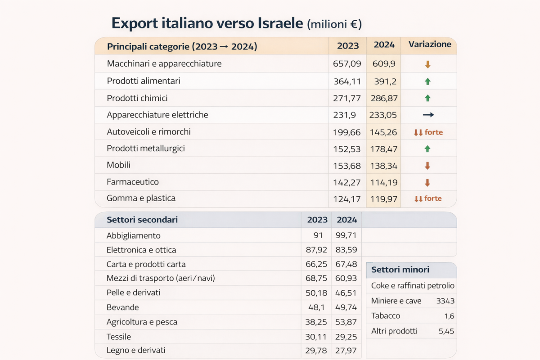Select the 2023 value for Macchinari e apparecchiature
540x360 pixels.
[x=347, y=64]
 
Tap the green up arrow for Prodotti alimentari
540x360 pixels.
[x=427, y=81]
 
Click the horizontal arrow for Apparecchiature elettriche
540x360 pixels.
[x=428, y=115]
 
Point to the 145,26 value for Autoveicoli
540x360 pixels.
[x=383, y=132]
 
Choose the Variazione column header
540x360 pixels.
[x=429, y=45]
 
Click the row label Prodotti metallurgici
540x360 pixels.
[x=146, y=148]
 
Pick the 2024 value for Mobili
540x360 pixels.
[x=383, y=166]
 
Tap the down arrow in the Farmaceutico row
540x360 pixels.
[x=427, y=183]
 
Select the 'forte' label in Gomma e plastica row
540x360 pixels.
[x=433, y=198]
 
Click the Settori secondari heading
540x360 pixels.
[x=142, y=220]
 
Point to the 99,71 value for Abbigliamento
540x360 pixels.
[x=346, y=236]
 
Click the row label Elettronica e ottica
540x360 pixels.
[x=141, y=250]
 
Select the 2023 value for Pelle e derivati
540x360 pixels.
[x=316, y=293]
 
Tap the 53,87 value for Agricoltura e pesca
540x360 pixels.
[x=346, y=322]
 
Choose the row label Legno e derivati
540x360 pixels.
[x=136, y=351]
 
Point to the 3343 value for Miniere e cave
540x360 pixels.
[x=445, y=301]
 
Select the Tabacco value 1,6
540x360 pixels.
[x=449, y=316]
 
